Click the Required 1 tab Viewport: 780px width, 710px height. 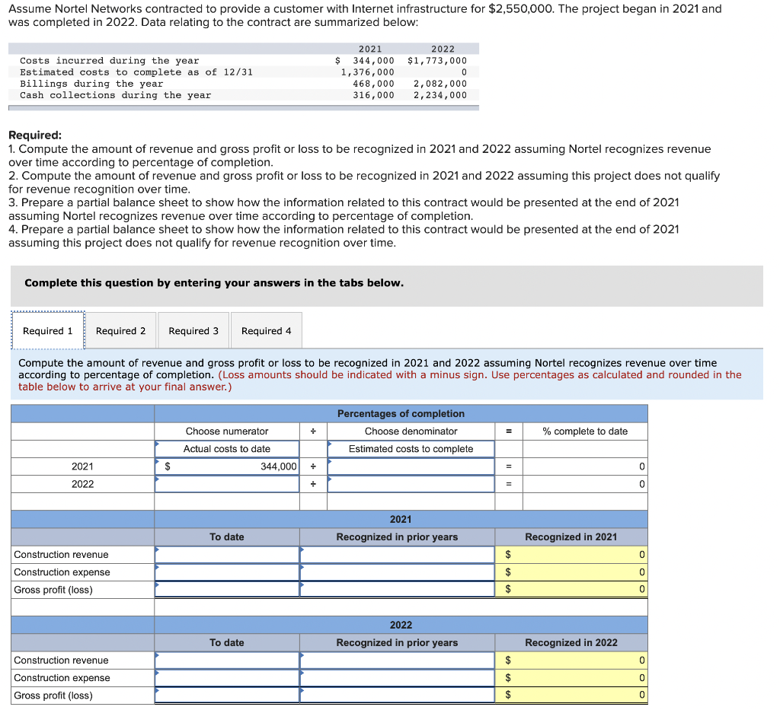click(x=48, y=331)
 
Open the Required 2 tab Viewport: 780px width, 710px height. click(x=120, y=331)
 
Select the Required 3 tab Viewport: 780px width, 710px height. click(x=193, y=331)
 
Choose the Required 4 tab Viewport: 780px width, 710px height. click(x=266, y=331)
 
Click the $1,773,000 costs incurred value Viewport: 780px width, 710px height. click(x=437, y=61)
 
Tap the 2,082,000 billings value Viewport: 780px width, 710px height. click(x=440, y=84)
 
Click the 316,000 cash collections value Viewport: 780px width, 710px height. click(x=373, y=95)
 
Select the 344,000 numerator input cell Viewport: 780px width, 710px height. click(x=227, y=466)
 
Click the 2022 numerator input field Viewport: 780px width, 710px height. click(x=227, y=484)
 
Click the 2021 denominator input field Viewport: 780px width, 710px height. click(x=411, y=466)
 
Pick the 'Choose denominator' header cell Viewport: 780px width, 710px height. click(x=411, y=431)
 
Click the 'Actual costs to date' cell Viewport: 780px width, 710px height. click(x=227, y=449)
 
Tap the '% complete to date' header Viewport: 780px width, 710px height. click(x=585, y=431)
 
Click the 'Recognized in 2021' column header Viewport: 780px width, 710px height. click(x=571, y=537)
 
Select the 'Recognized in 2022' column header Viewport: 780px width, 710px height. click(x=571, y=643)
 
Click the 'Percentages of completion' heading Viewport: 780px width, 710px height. click(x=401, y=414)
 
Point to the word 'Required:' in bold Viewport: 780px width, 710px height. click(x=34, y=135)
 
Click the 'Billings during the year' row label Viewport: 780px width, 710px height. click(x=91, y=84)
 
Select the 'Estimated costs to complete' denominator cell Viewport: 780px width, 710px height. click(x=411, y=449)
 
